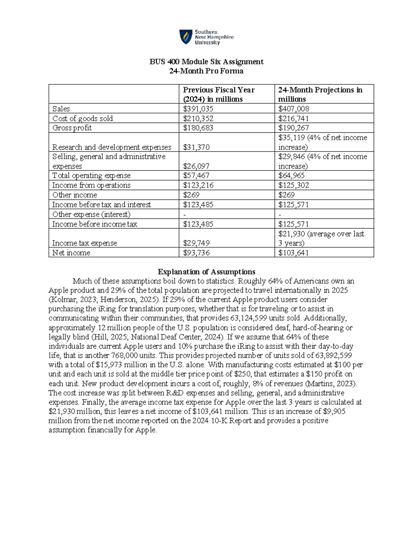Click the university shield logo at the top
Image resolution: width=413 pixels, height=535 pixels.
[x=186, y=37]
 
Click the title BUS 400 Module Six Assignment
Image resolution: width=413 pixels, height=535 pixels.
[x=206, y=62]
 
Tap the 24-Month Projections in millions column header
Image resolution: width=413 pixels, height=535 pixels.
[x=320, y=94]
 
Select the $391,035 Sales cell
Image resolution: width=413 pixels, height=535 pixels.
[x=198, y=109]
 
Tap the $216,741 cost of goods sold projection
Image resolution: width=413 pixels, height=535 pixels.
[x=294, y=119]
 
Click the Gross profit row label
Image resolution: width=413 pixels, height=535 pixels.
[x=72, y=128]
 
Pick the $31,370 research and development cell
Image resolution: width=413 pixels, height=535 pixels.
[x=196, y=147]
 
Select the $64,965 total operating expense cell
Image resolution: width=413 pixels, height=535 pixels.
[x=292, y=176]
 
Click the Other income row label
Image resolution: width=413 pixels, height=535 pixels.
[x=74, y=195]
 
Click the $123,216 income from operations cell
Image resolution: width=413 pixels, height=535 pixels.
[x=198, y=185]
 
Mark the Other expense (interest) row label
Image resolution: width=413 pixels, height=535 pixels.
[x=91, y=214]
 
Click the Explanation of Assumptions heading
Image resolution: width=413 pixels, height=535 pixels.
[x=206, y=271]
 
